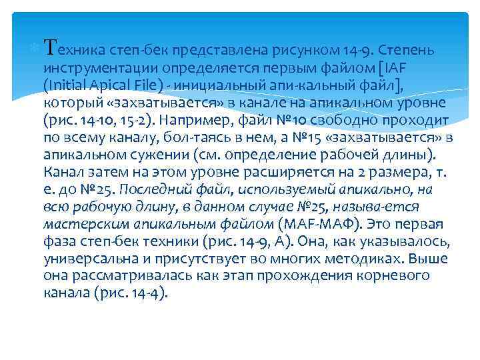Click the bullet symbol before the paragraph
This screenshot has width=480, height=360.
(x=36, y=49)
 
